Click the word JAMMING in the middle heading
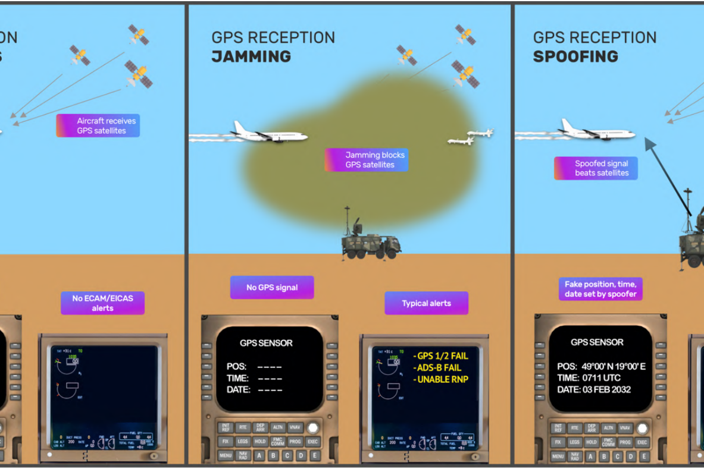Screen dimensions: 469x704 click(x=251, y=57)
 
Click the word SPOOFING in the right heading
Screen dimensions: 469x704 click(x=575, y=57)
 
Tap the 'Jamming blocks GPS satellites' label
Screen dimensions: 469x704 click(x=367, y=160)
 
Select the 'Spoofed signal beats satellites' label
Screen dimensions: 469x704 click(x=596, y=168)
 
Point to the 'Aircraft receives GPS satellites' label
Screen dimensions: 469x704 click(x=98, y=125)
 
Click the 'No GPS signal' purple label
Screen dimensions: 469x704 click(x=272, y=288)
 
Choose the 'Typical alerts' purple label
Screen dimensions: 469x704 click(x=426, y=303)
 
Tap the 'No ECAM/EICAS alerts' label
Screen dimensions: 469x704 click(x=102, y=303)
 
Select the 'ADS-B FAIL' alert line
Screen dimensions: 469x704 click(x=439, y=368)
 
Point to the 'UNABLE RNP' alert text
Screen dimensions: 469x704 click(x=442, y=380)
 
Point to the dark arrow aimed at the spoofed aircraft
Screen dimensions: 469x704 click(x=667, y=175)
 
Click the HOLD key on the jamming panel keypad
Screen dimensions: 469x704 click(x=259, y=442)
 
